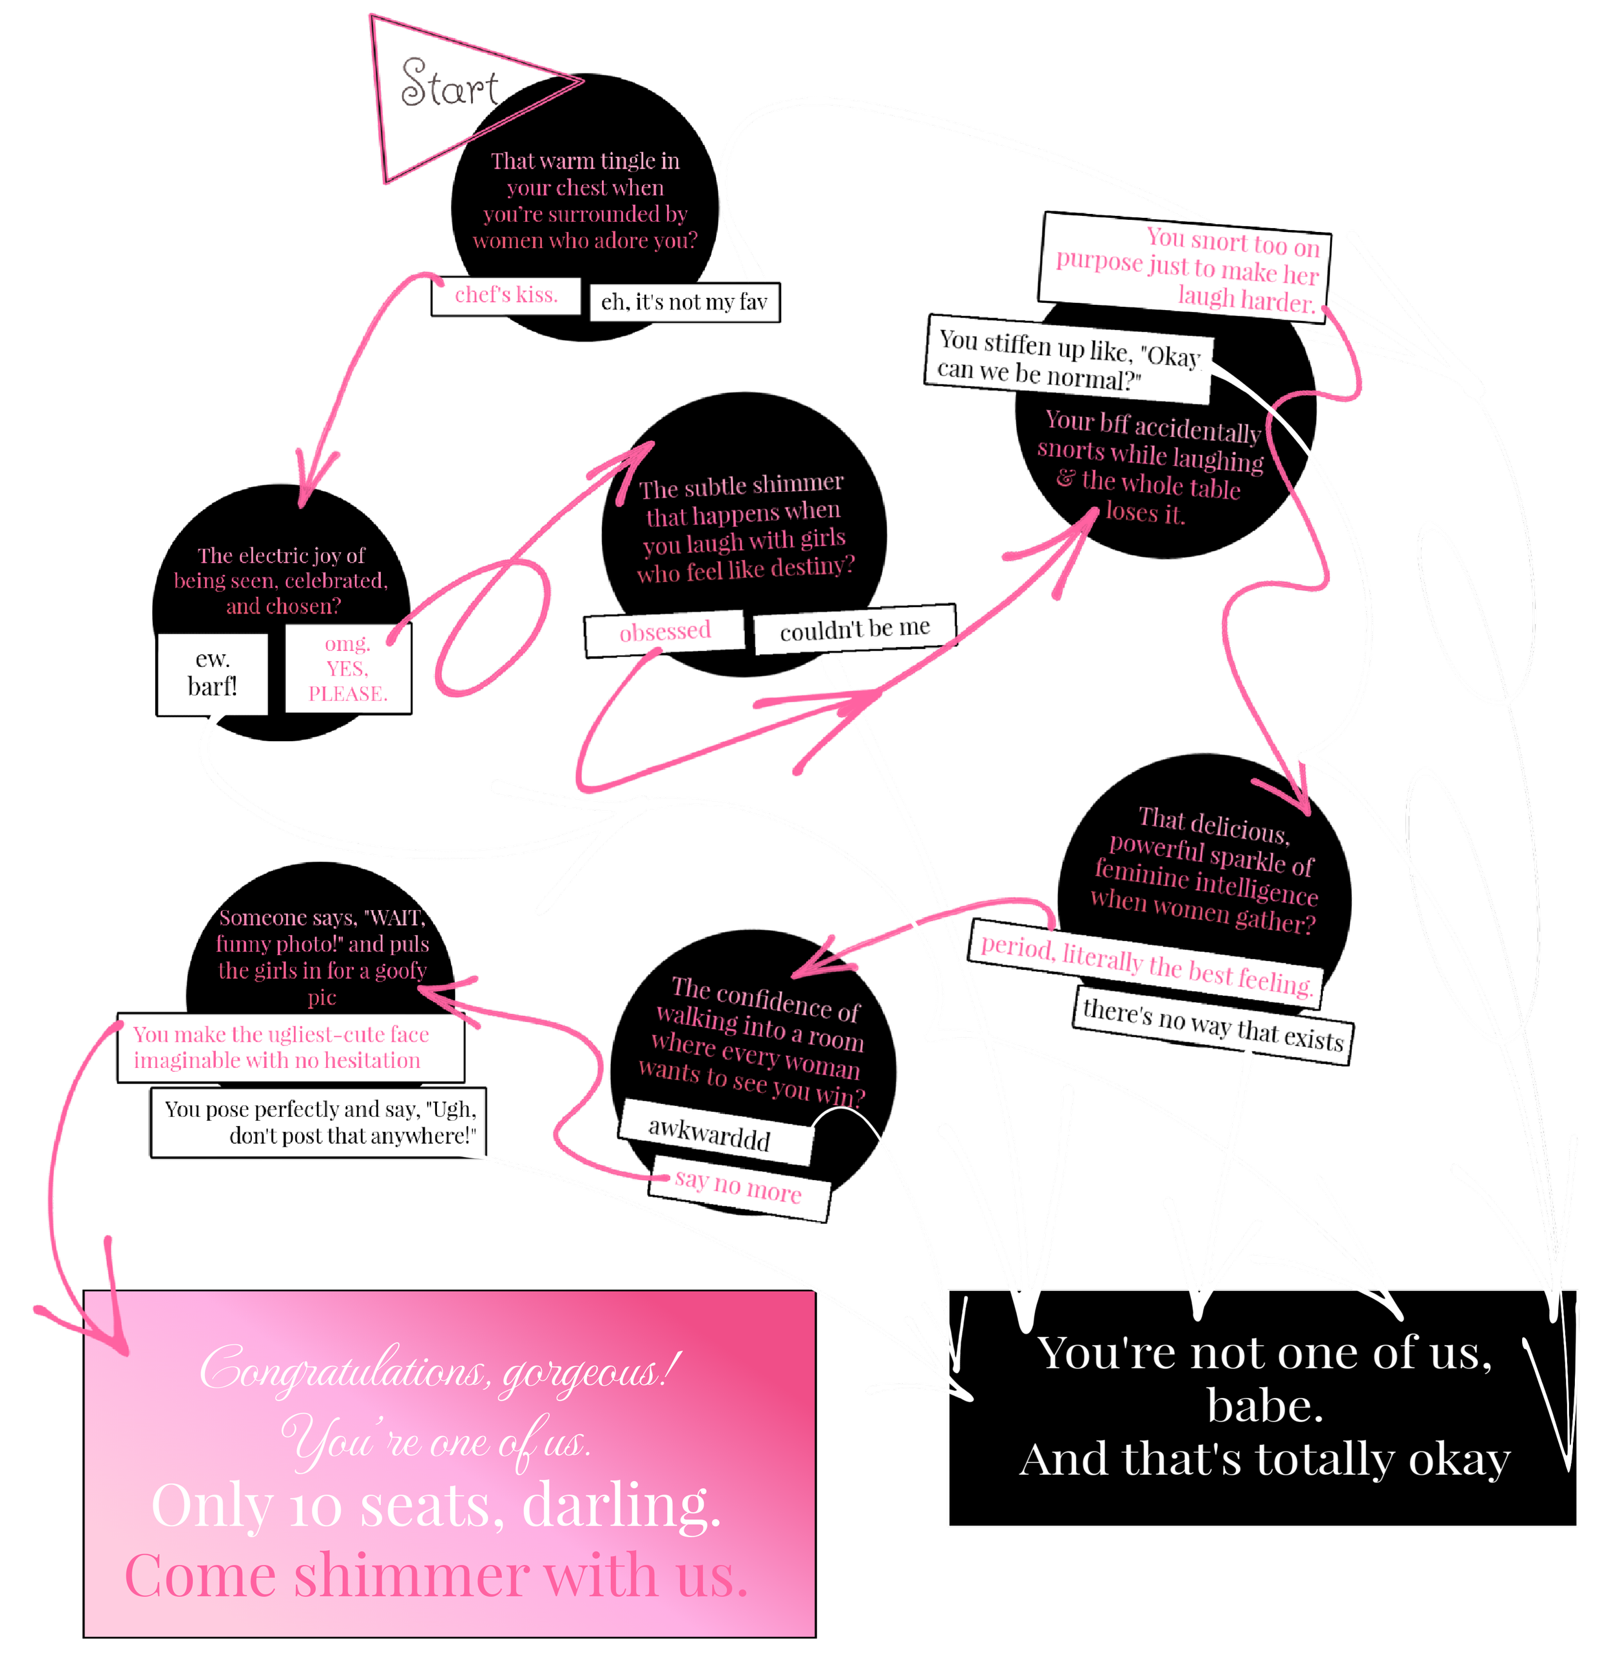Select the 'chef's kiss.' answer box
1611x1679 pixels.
point(506,296)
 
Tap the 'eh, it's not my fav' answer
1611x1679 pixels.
point(684,302)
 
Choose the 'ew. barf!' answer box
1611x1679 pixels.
point(213,674)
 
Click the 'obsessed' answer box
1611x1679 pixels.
point(664,632)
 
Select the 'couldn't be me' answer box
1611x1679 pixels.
point(854,630)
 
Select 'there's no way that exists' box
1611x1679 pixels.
point(1213,1025)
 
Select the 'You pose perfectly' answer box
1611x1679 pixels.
point(318,1122)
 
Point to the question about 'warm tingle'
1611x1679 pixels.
point(585,200)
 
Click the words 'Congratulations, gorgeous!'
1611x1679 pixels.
point(440,1368)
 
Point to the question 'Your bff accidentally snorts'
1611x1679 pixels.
point(1150,467)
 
